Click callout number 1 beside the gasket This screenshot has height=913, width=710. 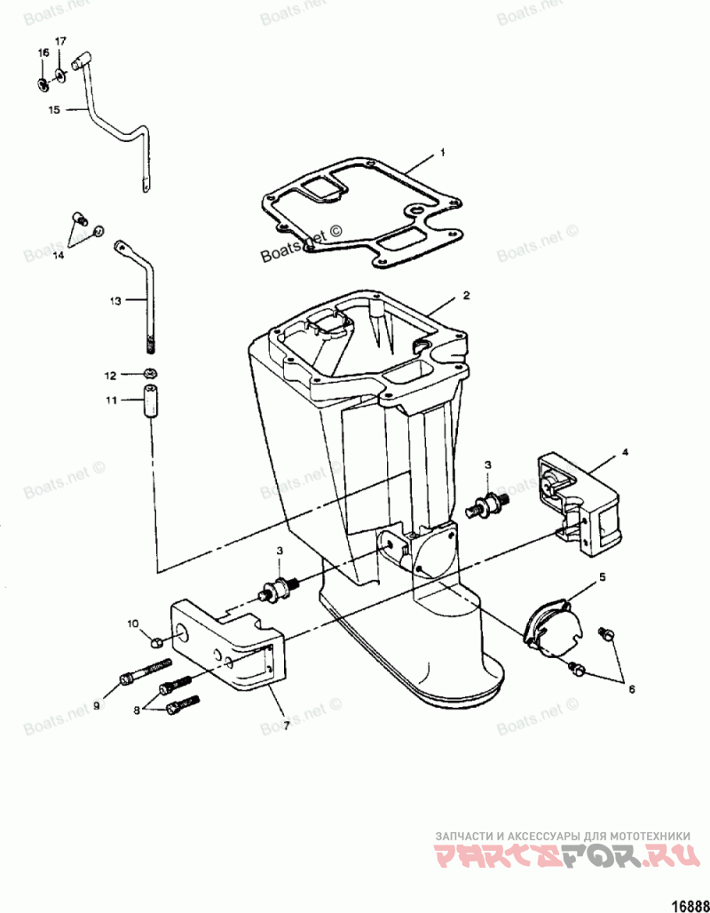pos(441,153)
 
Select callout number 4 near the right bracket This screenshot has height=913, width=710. pos(625,453)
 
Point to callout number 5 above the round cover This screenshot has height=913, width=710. pos(602,577)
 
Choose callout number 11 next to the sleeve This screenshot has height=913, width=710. pos(111,401)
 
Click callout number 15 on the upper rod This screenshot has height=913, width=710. pos(53,110)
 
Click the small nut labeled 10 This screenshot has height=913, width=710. pos(156,641)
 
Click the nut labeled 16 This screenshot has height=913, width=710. pos(43,84)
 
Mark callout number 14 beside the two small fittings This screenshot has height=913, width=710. pos(58,255)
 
